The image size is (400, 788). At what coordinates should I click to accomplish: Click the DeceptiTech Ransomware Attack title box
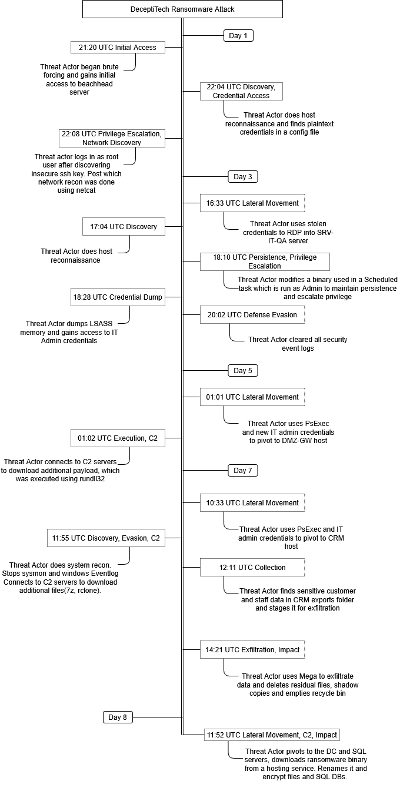click(x=182, y=9)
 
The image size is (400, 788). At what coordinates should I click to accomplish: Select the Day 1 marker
click(x=238, y=36)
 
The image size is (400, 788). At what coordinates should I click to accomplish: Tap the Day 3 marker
click(x=243, y=177)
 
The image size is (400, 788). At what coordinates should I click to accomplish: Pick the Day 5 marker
click(x=243, y=371)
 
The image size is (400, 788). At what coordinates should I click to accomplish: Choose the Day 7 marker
click(x=243, y=471)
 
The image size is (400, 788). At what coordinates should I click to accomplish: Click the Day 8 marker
click(x=118, y=717)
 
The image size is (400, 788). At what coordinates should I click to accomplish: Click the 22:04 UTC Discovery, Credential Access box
click(x=241, y=91)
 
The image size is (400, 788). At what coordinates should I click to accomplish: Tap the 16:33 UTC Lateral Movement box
click(x=252, y=203)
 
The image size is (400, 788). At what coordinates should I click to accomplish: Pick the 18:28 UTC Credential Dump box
click(x=118, y=298)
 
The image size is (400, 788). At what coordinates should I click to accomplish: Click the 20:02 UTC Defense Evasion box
click(x=252, y=315)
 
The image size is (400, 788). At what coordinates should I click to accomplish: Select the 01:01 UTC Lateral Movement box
click(x=252, y=397)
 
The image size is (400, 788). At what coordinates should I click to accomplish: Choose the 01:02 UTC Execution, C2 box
click(x=118, y=438)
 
